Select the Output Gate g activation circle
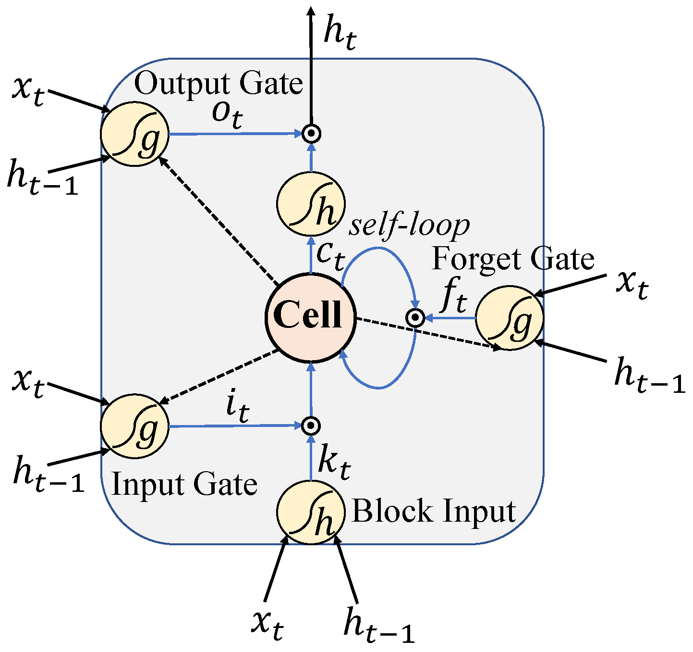coord(134,134)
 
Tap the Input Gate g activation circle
coord(134,426)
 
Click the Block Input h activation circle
coord(311,512)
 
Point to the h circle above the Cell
coord(311,204)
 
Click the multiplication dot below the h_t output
coord(311,133)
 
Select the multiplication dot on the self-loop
coord(415,317)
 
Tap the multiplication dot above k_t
coord(311,426)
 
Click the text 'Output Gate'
coord(219,84)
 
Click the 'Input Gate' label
coord(184,485)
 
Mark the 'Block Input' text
coord(434,511)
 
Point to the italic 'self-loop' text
coord(409,225)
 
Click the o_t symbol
coord(227,115)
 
